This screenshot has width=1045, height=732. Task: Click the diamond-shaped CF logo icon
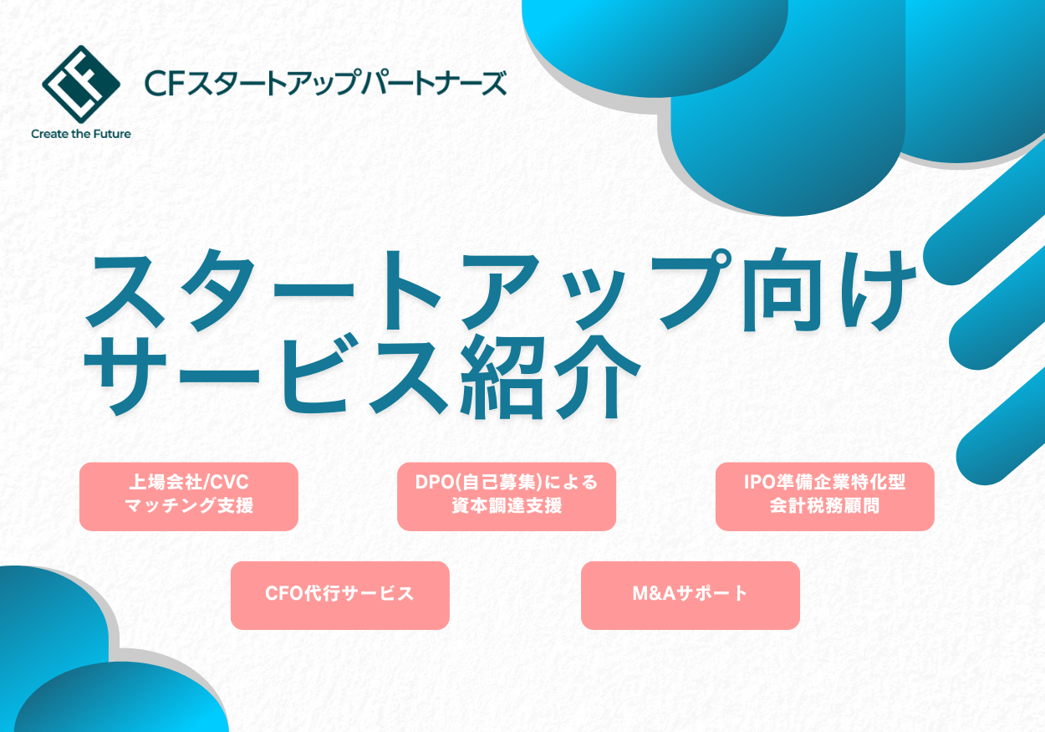[81, 83]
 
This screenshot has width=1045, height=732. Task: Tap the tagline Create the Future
[81, 133]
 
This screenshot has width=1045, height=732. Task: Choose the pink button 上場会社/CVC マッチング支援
[189, 496]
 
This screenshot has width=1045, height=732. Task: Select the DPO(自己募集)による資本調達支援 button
[507, 496]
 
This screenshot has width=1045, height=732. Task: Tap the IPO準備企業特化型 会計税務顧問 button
[824, 496]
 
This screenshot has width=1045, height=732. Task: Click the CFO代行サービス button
[339, 595]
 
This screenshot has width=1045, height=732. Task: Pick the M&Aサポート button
[691, 595]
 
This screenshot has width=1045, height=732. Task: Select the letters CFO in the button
[283, 595]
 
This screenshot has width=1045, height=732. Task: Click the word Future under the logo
[111, 133]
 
